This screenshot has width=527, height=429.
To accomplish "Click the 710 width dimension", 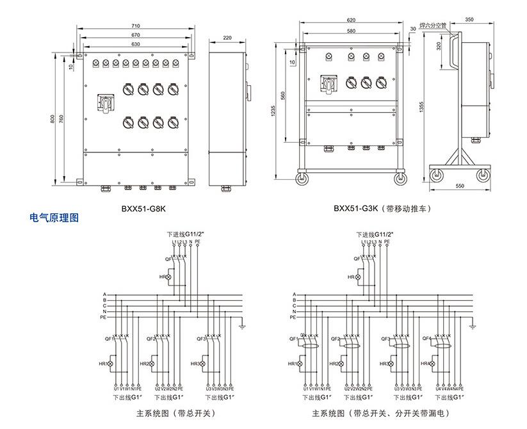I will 136,26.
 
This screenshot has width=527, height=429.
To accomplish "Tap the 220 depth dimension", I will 227,38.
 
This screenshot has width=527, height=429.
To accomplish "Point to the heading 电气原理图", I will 54,218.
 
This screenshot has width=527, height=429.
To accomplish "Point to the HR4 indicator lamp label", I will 427,364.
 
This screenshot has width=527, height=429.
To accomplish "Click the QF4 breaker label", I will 426,339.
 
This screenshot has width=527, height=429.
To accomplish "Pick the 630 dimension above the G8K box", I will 136,44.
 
